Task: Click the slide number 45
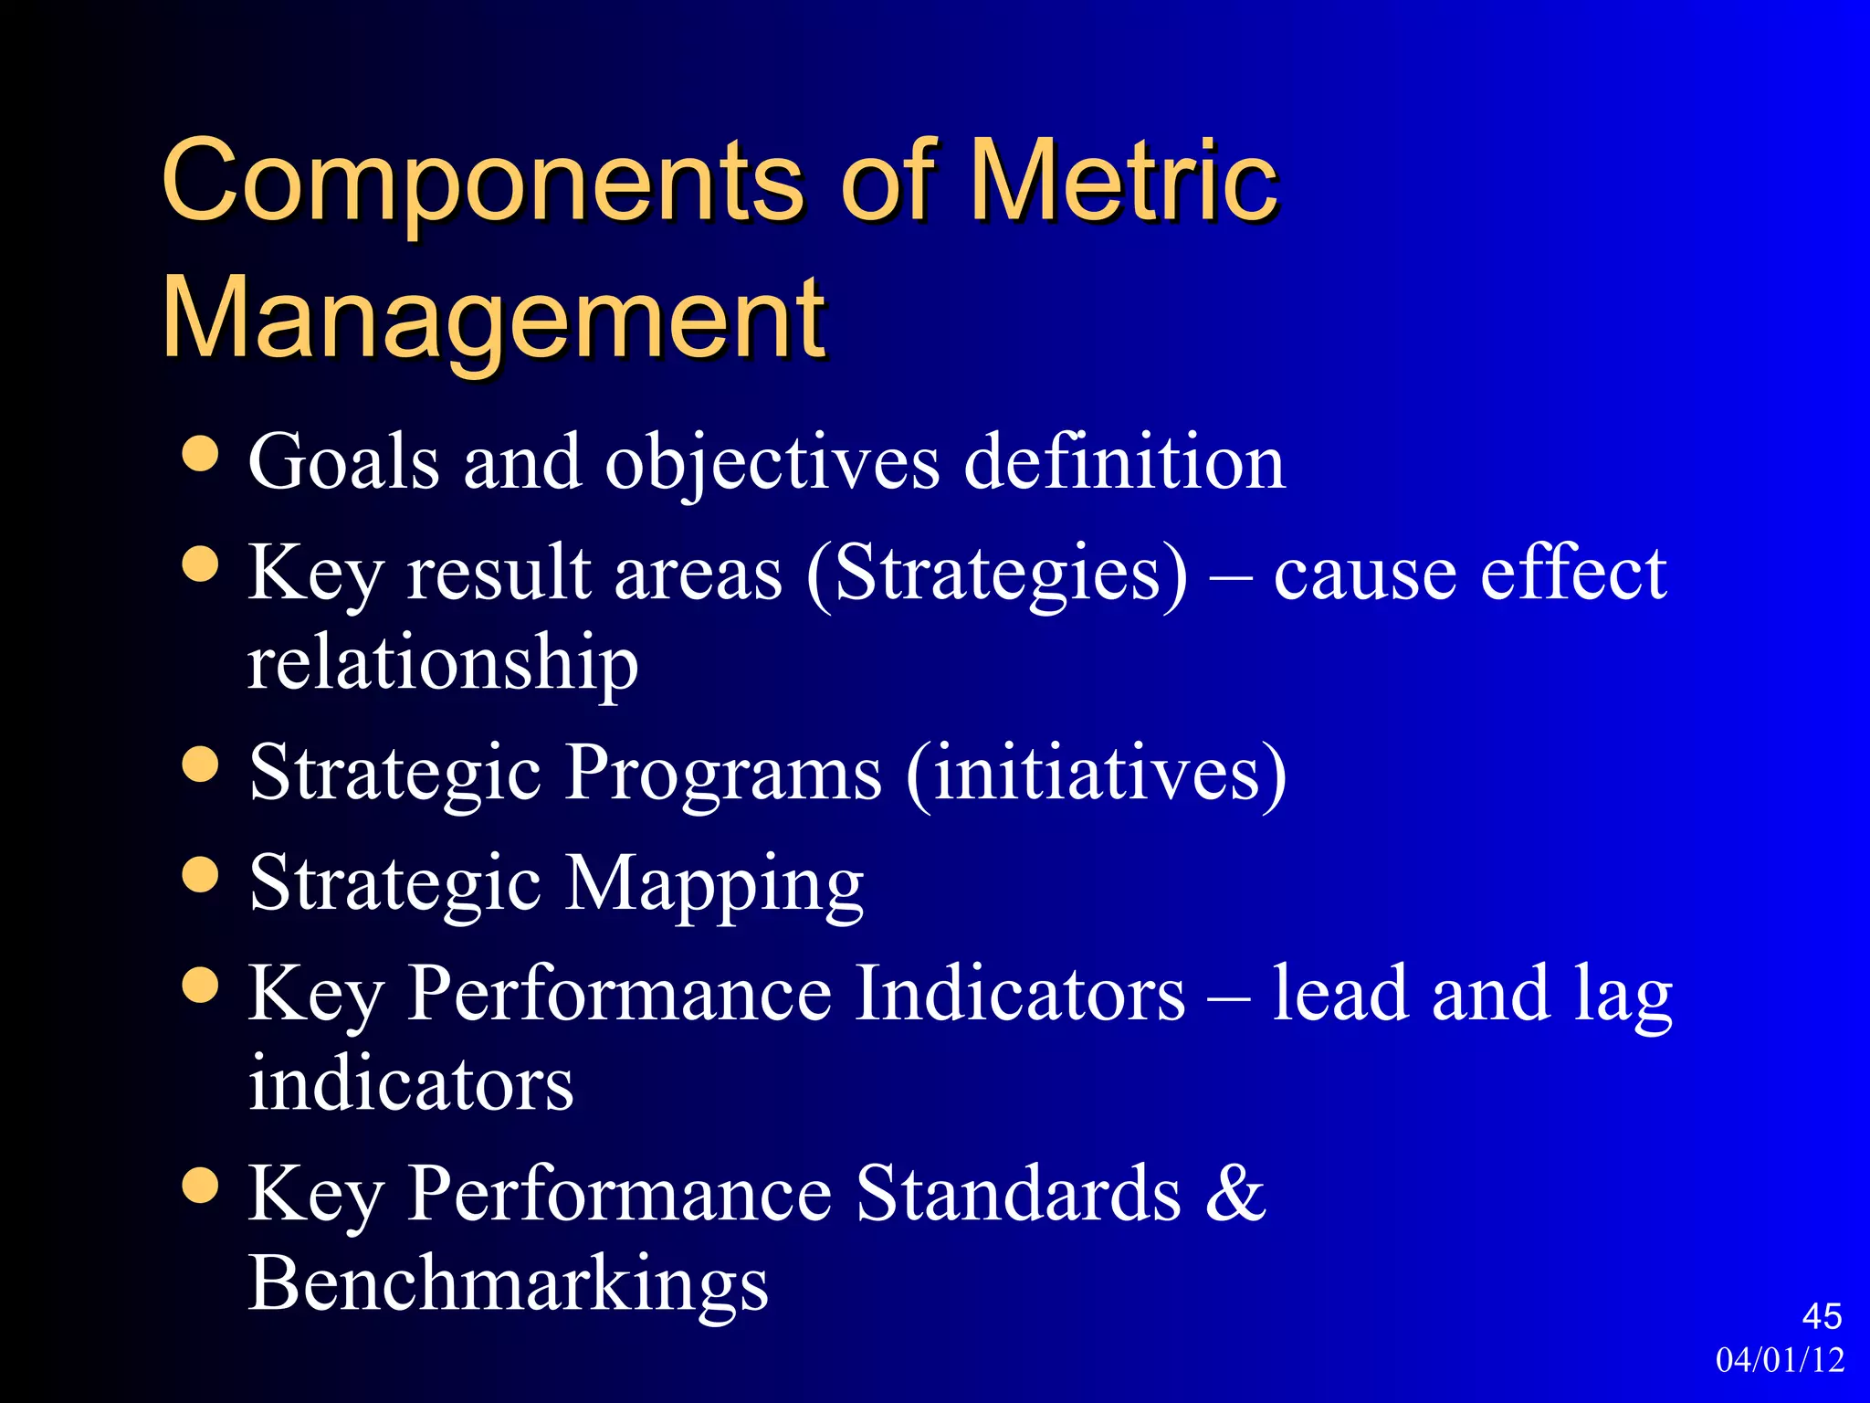pyautogui.click(x=1822, y=1316)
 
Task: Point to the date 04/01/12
pyautogui.click(x=1780, y=1360)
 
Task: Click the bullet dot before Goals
pyautogui.click(x=200, y=454)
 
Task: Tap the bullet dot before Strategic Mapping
pyautogui.click(x=200, y=874)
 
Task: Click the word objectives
pyautogui.click(x=772, y=463)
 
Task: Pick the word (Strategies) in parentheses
pyautogui.click(x=997, y=574)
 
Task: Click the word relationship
pyautogui.click(x=443, y=662)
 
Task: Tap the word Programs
pyautogui.click(x=723, y=773)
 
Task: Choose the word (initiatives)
pyautogui.click(x=1097, y=773)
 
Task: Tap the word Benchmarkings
pyautogui.click(x=508, y=1282)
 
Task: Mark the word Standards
pyautogui.click(x=1018, y=1192)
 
